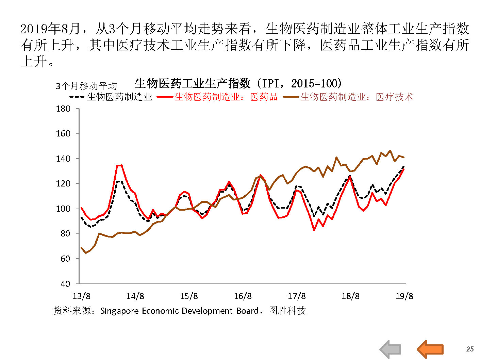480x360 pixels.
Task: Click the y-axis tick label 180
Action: point(63,109)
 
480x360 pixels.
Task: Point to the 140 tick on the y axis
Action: point(63,159)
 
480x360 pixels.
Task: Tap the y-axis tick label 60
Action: point(65,259)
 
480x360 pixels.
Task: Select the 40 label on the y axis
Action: point(65,284)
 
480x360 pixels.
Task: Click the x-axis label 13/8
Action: point(82,296)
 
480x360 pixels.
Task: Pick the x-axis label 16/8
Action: point(243,296)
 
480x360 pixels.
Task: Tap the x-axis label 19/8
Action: point(404,296)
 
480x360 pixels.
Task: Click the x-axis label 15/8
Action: point(189,296)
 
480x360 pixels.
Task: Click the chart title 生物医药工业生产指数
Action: point(193,83)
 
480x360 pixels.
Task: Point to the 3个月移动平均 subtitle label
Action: point(86,86)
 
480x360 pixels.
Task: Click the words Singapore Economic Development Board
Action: point(179,311)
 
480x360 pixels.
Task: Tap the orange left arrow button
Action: point(430,349)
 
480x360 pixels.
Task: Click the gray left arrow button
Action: point(391,349)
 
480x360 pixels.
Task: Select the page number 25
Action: point(470,349)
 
